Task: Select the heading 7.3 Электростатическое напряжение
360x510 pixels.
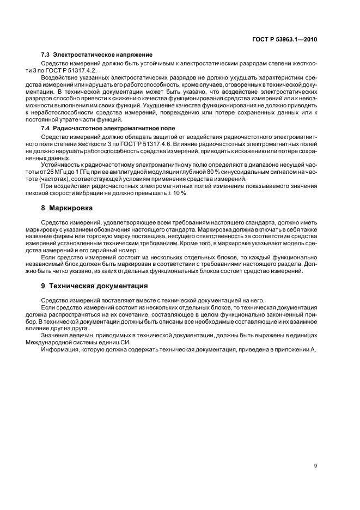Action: [x=97, y=55]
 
